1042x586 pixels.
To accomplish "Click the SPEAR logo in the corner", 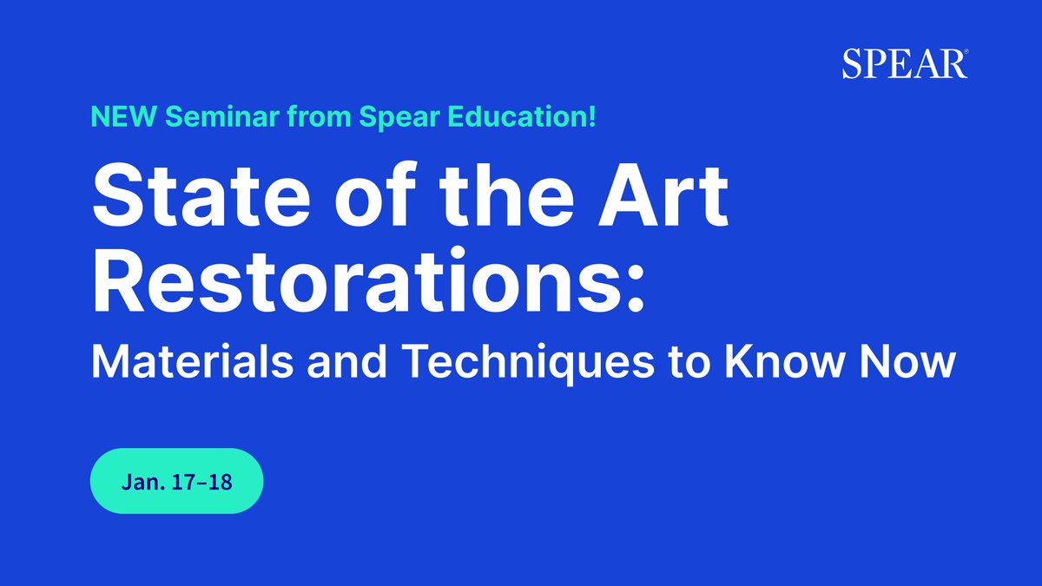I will [904, 64].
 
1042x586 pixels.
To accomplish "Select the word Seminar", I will [193, 117].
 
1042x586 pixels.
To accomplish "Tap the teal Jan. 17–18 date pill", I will [176, 480].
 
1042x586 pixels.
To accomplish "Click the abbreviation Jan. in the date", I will [142, 481].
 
